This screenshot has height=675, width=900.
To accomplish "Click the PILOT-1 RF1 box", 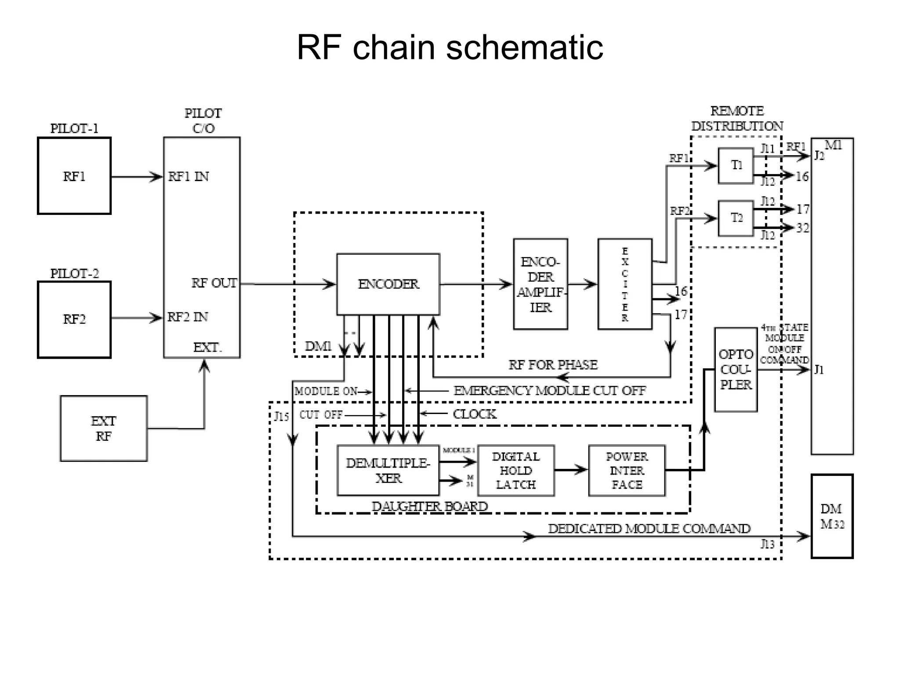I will click(x=74, y=176).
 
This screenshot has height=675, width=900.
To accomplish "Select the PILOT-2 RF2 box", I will click(x=74, y=319).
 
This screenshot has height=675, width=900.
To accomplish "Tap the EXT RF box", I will click(x=104, y=428).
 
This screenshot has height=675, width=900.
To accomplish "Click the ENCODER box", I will click(x=388, y=284).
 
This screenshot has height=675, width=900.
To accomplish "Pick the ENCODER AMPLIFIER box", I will click(x=541, y=284).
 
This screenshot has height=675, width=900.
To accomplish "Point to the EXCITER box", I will click(x=624, y=284).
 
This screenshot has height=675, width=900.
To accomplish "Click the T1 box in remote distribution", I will click(x=736, y=166).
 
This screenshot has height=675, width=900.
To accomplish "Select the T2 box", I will click(x=736, y=218).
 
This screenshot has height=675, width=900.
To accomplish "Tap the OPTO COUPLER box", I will click(x=736, y=370).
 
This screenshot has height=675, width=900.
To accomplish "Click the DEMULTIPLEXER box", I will click(x=388, y=470).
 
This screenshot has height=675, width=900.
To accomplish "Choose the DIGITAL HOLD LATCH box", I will click(x=516, y=471).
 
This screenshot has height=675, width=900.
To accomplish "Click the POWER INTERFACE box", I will click(x=627, y=471).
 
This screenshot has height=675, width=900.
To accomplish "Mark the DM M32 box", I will click(x=832, y=516).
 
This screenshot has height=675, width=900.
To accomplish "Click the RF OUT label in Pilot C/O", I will click(x=214, y=283).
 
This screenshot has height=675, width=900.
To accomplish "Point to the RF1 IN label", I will click(x=189, y=177).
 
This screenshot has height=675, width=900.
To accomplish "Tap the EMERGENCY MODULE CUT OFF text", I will click(x=549, y=391).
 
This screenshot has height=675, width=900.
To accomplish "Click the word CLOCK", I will click(x=475, y=414).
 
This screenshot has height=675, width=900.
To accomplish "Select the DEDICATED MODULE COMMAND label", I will click(x=649, y=529).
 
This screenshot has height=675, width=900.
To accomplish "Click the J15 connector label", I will click(x=281, y=416).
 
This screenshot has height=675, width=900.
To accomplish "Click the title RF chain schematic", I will click(x=450, y=47).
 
